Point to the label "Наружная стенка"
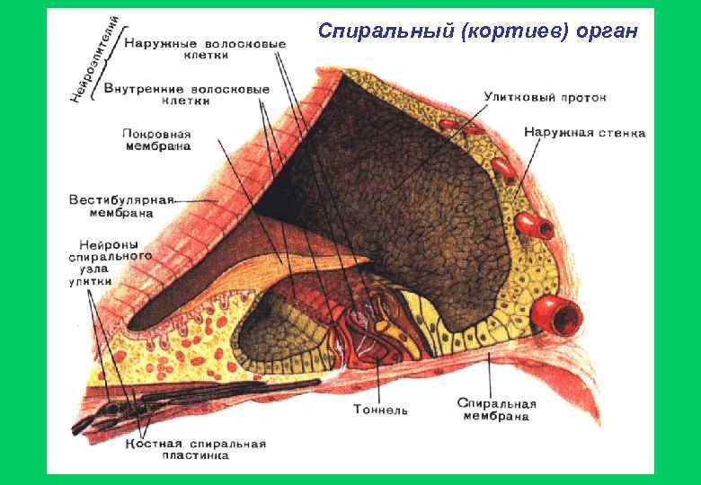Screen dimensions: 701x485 click(x=584, y=133)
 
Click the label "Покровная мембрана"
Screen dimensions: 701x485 click(x=156, y=140)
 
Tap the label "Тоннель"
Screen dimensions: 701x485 click(x=380, y=410)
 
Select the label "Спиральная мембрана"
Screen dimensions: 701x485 click(x=496, y=410)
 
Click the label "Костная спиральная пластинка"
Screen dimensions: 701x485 click(x=195, y=449)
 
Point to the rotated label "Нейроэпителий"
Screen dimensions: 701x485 click(x=93, y=57)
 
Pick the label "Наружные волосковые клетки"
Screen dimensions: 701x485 click(x=206, y=48)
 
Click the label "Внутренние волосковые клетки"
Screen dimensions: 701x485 click(x=187, y=95)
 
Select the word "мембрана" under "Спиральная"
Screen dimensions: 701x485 click(x=496, y=416)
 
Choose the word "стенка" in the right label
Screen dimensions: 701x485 click(x=623, y=133)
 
